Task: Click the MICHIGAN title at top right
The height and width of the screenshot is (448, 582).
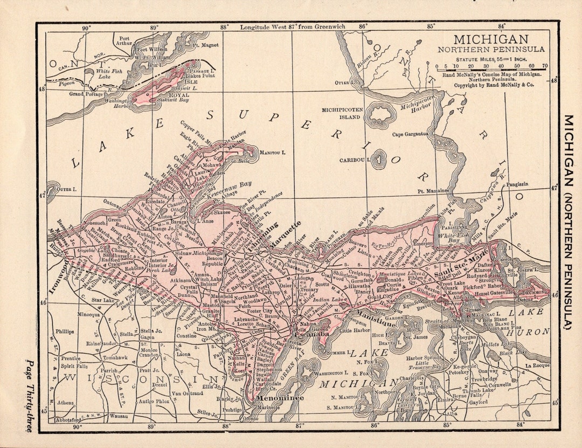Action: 491,39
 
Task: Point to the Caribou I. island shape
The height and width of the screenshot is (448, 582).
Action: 380,158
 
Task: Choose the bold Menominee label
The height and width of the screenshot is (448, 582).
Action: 280,398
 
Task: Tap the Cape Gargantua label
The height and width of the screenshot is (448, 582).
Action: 410,134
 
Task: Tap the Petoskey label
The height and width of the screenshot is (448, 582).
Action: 460,372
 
